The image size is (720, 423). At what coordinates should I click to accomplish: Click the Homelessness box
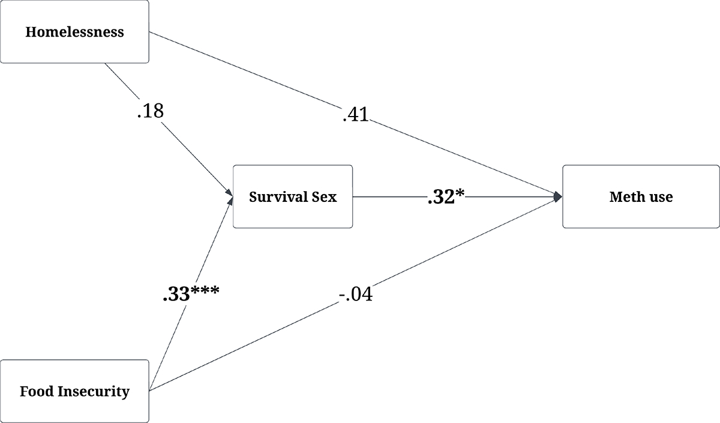click(x=74, y=32)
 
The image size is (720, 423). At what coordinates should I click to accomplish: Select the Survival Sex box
click(x=293, y=196)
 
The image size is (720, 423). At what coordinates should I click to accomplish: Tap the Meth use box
click(x=641, y=196)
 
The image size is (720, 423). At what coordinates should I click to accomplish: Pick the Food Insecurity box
click(x=74, y=392)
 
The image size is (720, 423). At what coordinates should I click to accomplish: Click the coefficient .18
click(x=150, y=111)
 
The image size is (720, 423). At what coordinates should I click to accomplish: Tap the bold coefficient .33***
click(x=191, y=294)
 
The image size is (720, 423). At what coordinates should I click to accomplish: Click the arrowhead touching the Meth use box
click(x=558, y=196)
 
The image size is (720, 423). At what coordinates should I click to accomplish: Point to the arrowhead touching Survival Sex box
click(x=229, y=193)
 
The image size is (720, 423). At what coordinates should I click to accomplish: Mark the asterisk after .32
click(x=462, y=193)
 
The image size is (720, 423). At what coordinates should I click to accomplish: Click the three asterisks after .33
click(x=205, y=291)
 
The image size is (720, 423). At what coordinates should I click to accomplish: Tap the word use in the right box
click(x=659, y=197)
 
